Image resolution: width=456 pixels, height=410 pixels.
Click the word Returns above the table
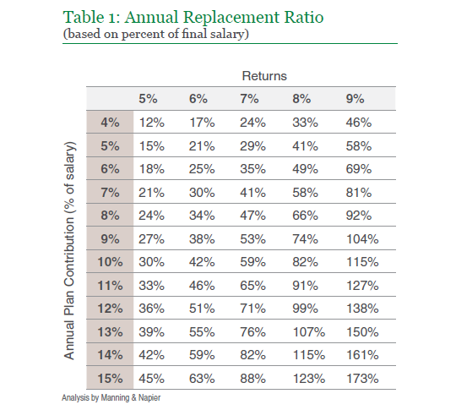(x=264, y=76)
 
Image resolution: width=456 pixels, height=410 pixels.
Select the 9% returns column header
(x=355, y=99)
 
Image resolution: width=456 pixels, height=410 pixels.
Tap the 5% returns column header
(x=148, y=99)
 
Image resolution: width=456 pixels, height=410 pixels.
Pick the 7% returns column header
(x=249, y=99)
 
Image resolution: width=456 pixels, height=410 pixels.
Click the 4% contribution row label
(x=110, y=123)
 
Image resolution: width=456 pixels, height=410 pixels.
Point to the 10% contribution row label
(x=110, y=262)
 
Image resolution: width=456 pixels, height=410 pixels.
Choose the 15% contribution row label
(x=110, y=379)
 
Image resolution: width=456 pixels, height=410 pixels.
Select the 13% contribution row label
(x=110, y=332)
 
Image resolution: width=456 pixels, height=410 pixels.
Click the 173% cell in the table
(x=362, y=379)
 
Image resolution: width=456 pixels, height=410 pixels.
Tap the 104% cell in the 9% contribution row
(x=362, y=239)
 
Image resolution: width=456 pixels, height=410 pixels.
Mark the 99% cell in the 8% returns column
(x=305, y=309)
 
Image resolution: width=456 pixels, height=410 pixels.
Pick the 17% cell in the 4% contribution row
(x=202, y=123)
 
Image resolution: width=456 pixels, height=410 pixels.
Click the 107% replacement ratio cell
(x=309, y=332)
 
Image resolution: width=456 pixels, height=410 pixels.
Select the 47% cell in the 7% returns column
(x=252, y=216)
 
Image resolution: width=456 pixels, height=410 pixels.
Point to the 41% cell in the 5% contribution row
(x=305, y=146)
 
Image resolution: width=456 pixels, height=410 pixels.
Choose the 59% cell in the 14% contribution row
(x=202, y=355)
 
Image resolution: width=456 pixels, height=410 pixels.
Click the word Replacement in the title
(x=231, y=18)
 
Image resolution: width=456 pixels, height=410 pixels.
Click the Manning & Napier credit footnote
(x=111, y=398)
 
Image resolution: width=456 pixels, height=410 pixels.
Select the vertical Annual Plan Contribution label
(x=69, y=251)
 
